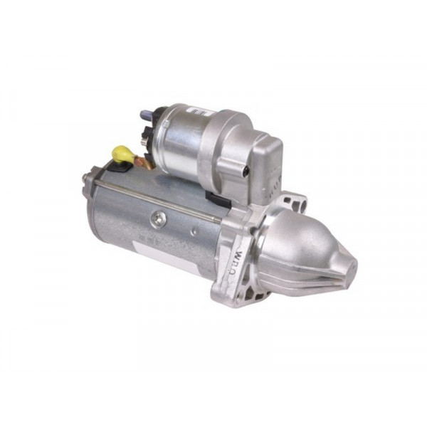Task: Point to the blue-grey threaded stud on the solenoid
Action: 145,113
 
